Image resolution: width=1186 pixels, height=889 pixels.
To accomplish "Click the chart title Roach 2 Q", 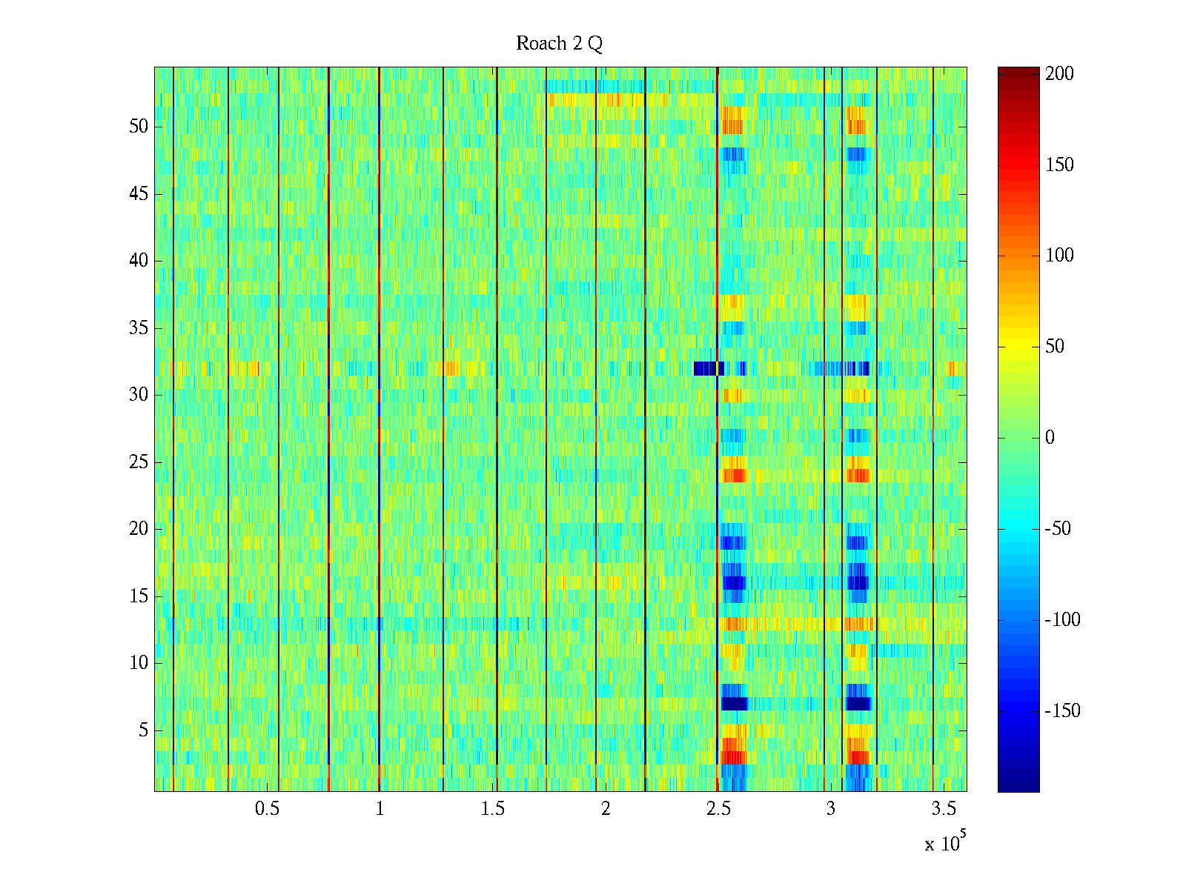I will (x=559, y=44).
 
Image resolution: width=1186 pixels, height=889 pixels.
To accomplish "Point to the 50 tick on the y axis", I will (x=139, y=127).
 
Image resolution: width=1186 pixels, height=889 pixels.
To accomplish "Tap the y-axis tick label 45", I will (x=139, y=194).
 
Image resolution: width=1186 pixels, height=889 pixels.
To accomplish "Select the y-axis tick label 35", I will (x=139, y=328).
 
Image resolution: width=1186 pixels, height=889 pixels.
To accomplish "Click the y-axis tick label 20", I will (x=139, y=529).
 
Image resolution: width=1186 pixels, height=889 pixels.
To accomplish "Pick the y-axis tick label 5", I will (x=143, y=730).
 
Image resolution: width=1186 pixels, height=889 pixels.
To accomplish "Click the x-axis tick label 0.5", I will (x=267, y=809).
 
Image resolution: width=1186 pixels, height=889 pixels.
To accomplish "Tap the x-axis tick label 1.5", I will (x=492, y=809).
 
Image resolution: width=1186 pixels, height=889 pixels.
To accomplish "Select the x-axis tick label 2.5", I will (x=718, y=809).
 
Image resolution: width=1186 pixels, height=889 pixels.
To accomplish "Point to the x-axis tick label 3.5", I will (x=944, y=809).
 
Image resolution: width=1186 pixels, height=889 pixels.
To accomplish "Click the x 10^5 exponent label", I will (x=944, y=843).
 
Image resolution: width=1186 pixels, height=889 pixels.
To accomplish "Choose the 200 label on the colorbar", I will (x=1059, y=73).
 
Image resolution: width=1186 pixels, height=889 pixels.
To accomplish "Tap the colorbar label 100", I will (x=1059, y=256).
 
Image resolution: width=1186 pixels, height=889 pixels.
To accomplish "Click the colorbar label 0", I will (x=1050, y=438).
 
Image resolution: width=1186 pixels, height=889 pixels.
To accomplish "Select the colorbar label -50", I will (x=1059, y=529).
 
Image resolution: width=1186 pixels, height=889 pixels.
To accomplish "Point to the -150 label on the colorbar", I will (x=1062, y=711).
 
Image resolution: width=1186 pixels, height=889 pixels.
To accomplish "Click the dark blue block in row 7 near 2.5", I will (x=734, y=703).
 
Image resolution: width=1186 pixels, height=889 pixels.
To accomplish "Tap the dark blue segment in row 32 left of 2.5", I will (x=706, y=368).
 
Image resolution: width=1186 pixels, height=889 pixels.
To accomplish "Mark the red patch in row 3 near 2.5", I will (x=733, y=757).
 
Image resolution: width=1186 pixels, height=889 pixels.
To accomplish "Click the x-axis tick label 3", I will (x=831, y=809).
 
